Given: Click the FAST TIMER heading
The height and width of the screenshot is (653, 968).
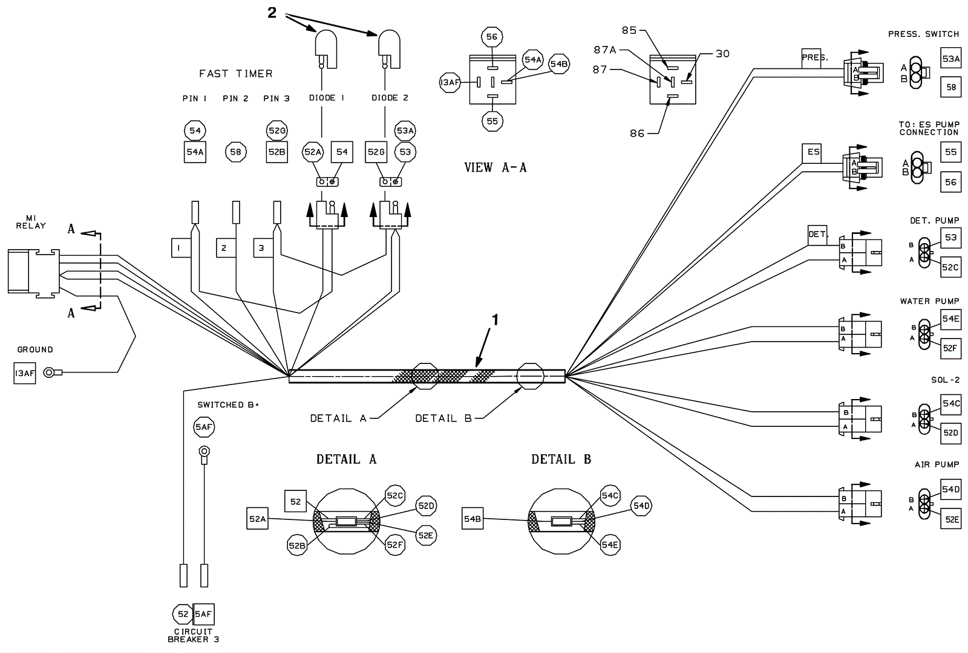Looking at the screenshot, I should tap(236, 74).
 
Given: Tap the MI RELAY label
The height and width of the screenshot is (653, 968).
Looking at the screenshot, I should tap(31, 222).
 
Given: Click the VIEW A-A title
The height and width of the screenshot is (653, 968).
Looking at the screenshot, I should tap(495, 168).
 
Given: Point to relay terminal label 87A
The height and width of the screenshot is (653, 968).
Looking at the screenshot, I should tap(604, 50).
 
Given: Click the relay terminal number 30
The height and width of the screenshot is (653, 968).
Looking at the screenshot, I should tap(722, 54).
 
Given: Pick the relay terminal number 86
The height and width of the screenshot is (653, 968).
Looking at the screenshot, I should tap(637, 133).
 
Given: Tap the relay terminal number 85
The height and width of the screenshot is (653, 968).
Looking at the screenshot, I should tap(629, 30).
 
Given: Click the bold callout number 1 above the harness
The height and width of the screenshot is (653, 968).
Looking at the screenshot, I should tap(495, 319).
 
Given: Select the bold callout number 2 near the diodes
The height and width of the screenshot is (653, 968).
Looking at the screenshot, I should tap(272, 13).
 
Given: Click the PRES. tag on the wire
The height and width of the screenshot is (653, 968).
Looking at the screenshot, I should tap(814, 57).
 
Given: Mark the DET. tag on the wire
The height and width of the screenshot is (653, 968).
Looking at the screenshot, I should tap(817, 234).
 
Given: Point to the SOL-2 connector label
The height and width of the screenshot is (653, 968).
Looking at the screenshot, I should tap(945, 380).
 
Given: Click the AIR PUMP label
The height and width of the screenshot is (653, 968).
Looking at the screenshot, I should tap(937, 464).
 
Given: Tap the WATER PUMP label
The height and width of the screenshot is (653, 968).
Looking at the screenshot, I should tap(929, 301).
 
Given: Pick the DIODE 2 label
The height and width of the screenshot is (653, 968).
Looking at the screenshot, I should tap(390, 98).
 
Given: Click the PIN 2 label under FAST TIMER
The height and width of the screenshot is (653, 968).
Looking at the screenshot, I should tap(235, 99).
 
